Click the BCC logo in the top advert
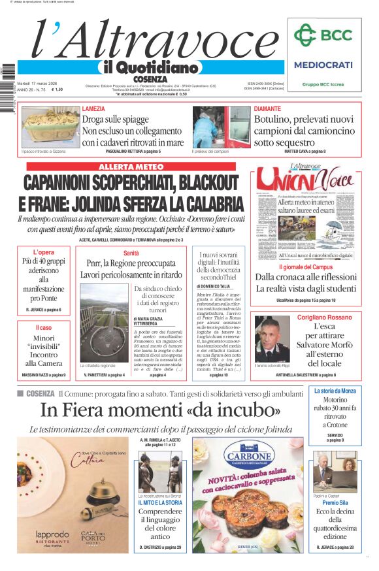pyautogui.click(x=322, y=34)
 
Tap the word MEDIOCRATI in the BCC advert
pyautogui.click(x=323, y=65)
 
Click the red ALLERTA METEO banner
pyautogui.click(x=131, y=167)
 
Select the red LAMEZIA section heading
pyautogui.click(x=93, y=108)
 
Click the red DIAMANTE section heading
pyautogui.click(x=267, y=108)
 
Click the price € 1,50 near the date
pyautogui.click(x=58, y=90)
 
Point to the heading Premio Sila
pyautogui.click(x=335, y=502)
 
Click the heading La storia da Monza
pyautogui.click(x=335, y=391)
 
